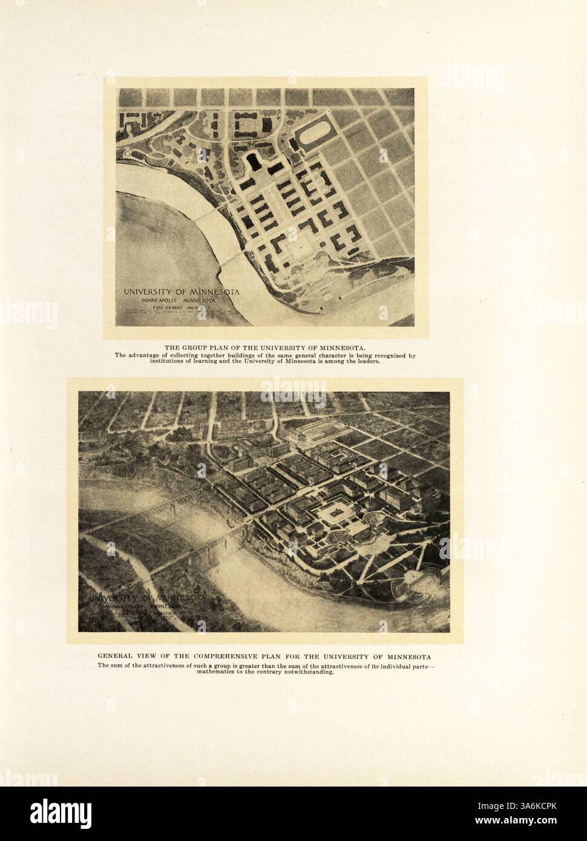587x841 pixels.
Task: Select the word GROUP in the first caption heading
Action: click(x=193, y=347)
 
